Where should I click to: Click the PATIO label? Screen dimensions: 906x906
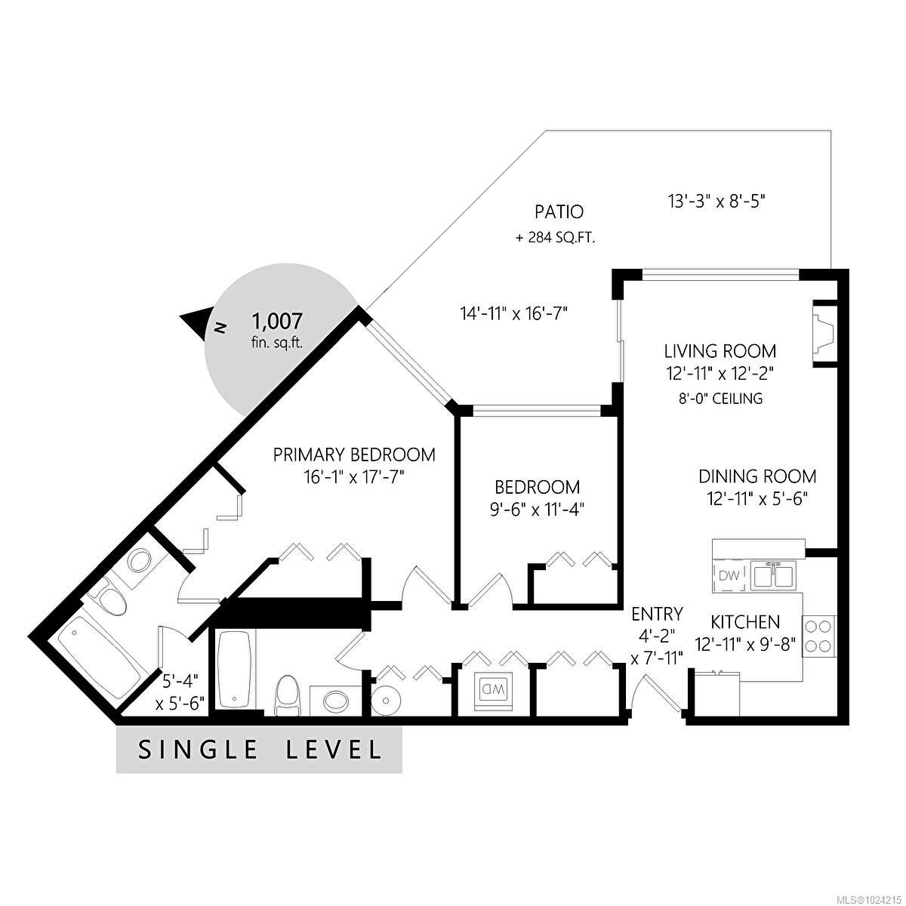point(554,212)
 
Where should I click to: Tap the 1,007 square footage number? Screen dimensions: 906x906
point(277,322)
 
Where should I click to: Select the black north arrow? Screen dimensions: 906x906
point(194,323)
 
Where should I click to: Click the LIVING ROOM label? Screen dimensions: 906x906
point(720,351)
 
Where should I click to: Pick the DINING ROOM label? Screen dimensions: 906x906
point(757,476)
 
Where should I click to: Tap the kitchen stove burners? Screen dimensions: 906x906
point(818,635)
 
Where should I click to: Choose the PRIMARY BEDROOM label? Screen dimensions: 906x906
point(354,455)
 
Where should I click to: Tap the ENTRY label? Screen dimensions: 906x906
point(657,613)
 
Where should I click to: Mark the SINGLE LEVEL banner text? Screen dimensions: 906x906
point(259,750)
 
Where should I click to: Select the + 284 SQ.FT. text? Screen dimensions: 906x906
point(555,238)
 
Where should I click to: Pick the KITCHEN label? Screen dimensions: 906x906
point(745,621)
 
